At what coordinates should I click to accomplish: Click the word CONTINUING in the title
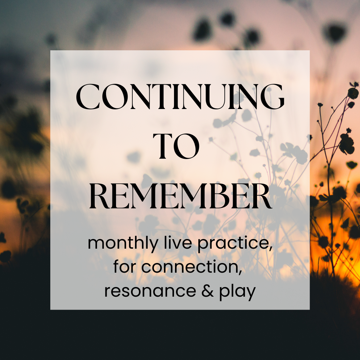(180, 97)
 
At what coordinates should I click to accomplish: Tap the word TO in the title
(176, 146)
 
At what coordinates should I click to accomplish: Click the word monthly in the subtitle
(123, 244)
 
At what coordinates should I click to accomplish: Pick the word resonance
(150, 291)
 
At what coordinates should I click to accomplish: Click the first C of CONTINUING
(88, 97)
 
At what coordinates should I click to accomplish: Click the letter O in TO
(186, 146)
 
